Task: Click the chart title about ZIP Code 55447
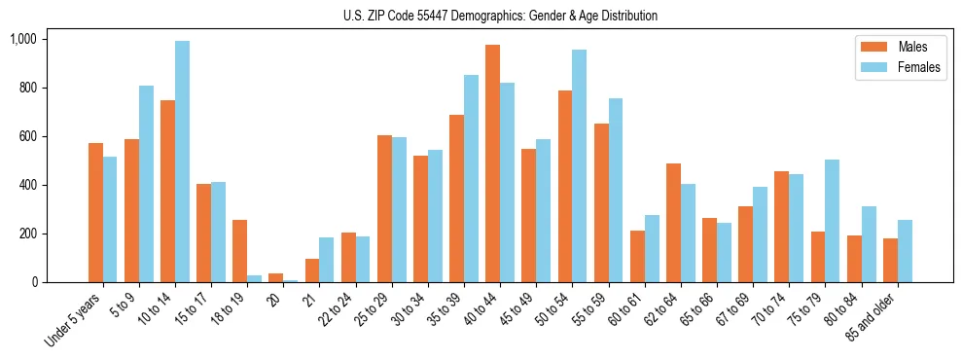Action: tap(500, 16)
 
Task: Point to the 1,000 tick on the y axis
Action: tap(22, 39)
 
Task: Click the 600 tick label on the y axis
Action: tap(26, 136)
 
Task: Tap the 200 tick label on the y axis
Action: tap(26, 234)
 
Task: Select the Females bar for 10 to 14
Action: tap(182, 162)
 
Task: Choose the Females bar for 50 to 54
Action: tap(579, 166)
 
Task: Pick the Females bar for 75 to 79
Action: tap(832, 221)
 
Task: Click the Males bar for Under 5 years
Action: tap(95, 212)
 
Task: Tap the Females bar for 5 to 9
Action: tap(146, 184)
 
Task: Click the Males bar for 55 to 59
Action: tap(601, 202)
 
